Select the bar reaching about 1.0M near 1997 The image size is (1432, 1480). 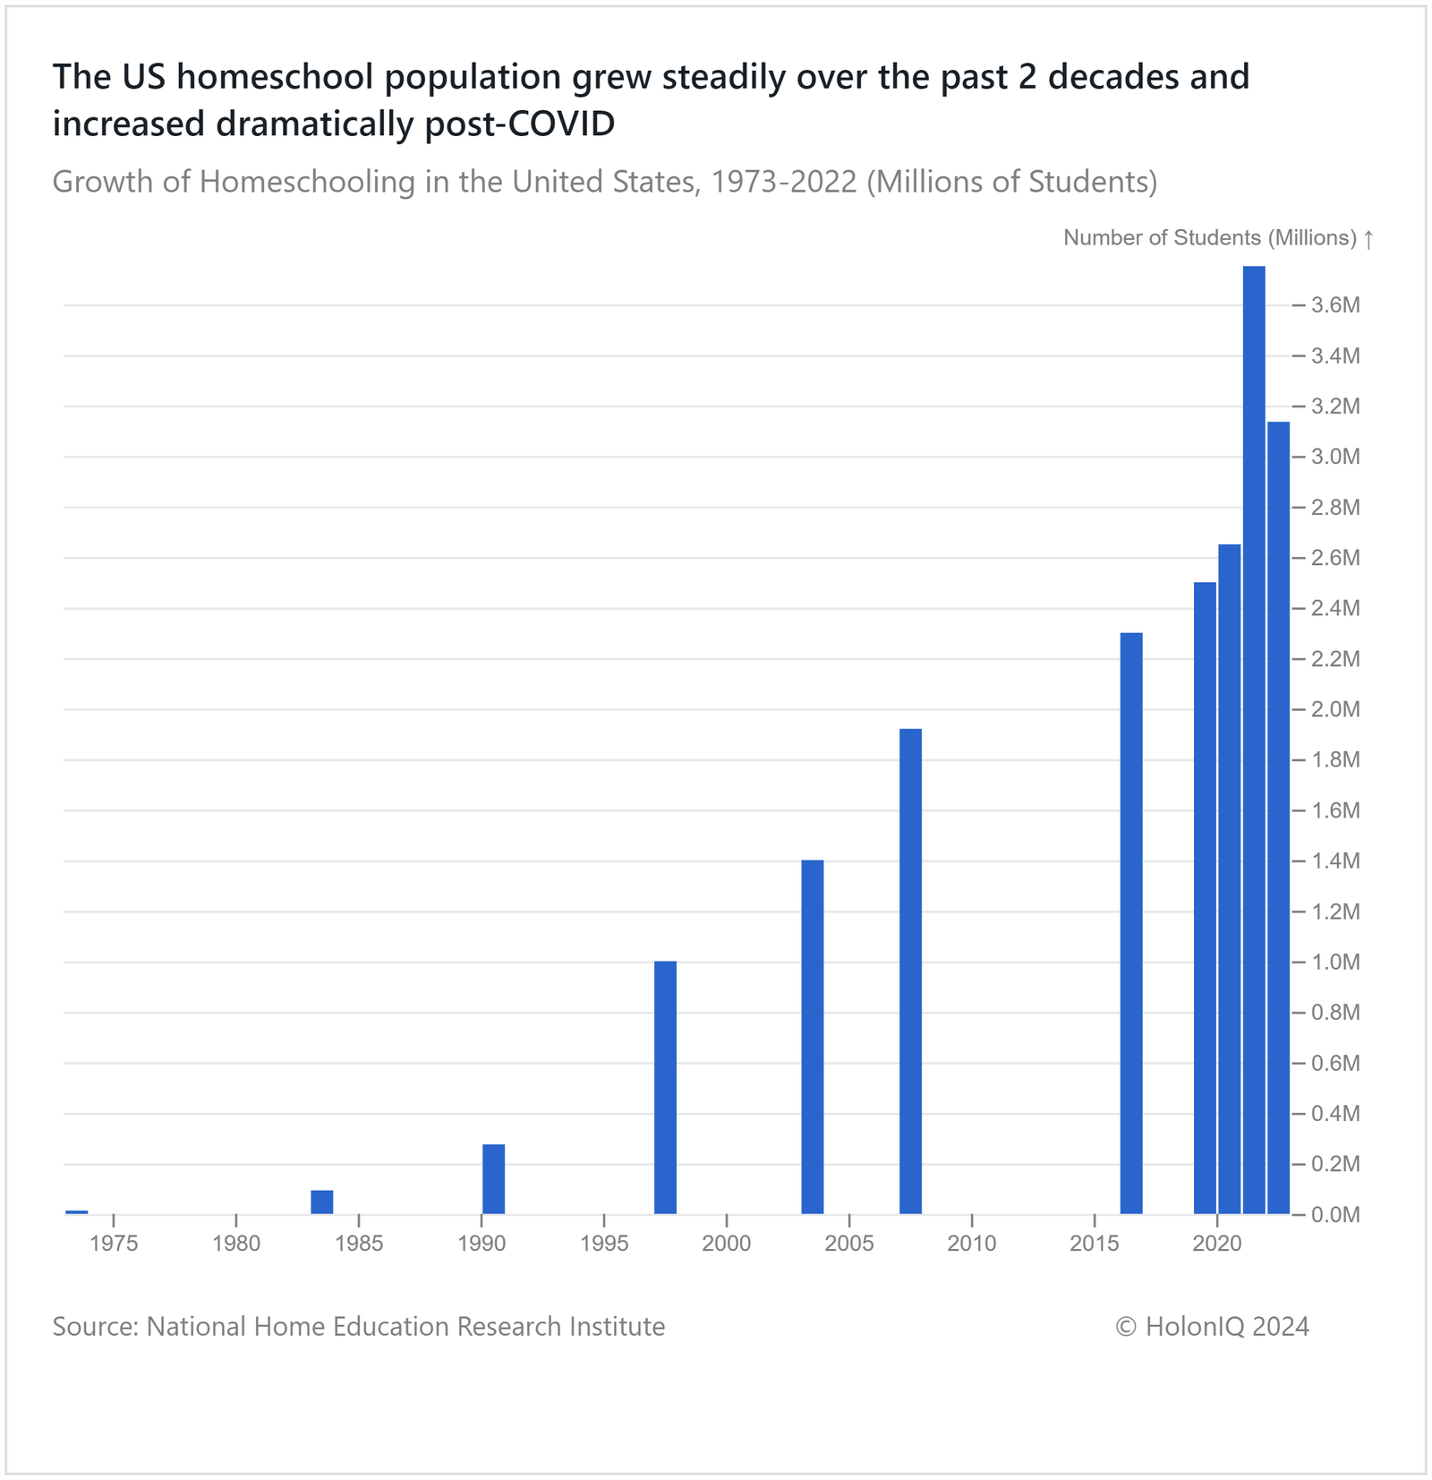coord(665,1087)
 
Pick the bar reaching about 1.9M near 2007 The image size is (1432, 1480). coord(910,971)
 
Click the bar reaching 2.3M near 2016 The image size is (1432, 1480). coord(1131,923)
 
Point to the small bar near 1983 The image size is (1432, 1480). coord(321,1202)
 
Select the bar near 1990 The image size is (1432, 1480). coord(493,1178)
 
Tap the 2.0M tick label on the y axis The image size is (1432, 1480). coord(1335,709)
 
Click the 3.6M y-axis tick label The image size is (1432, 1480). coord(1335,305)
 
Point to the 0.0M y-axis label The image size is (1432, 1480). coord(1335,1215)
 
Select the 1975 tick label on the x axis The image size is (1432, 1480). coord(114,1244)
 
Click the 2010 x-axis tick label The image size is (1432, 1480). coord(972,1244)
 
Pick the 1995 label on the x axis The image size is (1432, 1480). coord(604,1244)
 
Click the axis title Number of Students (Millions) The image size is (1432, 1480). coord(1209,238)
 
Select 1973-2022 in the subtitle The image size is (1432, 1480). coord(784,182)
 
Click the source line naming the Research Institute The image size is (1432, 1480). coord(358,1326)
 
